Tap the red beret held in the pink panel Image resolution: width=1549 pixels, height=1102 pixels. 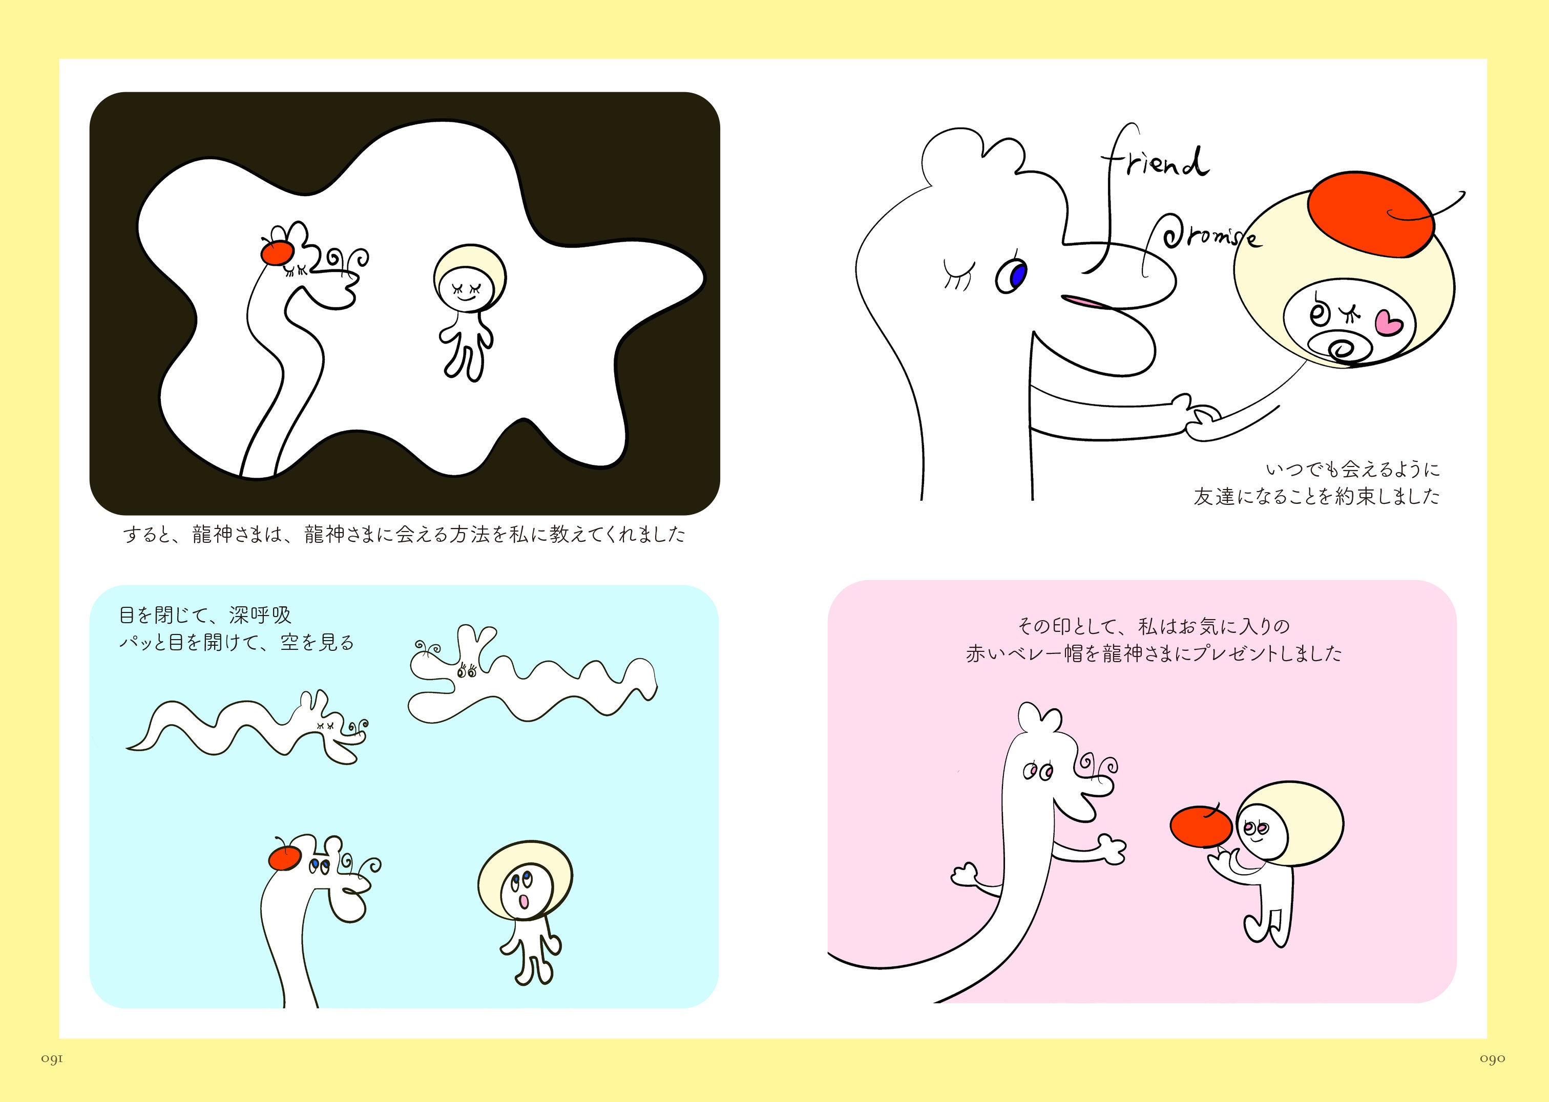(1200, 826)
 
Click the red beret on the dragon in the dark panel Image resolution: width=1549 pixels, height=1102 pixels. (278, 253)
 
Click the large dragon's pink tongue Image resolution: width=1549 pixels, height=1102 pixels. (1086, 301)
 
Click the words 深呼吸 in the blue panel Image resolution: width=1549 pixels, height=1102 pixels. (261, 616)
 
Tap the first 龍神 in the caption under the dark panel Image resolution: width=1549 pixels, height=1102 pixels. (213, 535)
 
